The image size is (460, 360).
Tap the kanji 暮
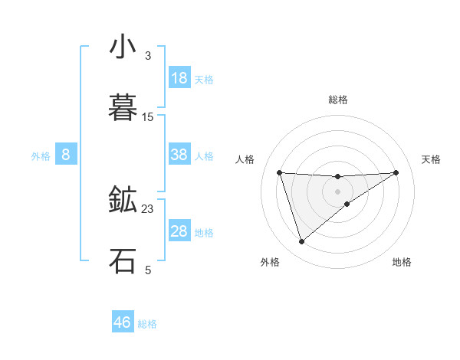pyautogui.click(x=122, y=108)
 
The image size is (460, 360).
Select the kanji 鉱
pyautogui.click(x=122, y=200)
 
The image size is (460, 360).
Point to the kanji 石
pyautogui.click(x=122, y=260)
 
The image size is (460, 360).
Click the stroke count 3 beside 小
pyautogui.click(x=148, y=56)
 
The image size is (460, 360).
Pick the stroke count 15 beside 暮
pyautogui.click(x=148, y=117)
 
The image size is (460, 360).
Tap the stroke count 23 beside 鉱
pyautogui.click(x=148, y=208)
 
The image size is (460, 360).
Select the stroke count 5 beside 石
pyautogui.click(x=148, y=270)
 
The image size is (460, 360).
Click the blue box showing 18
pyautogui.click(x=179, y=78)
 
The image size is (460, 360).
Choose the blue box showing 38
pyautogui.click(x=179, y=155)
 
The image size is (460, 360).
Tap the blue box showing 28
pyautogui.click(x=179, y=231)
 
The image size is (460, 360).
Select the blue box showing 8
pyautogui.click(x=66, y=155)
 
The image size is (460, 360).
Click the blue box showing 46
pyautogui.click(x=123, y=322)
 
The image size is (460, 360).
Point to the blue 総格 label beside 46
pyautogui.click(x=147, y=324)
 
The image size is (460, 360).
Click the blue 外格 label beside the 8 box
pyautogui.click(x=41, y=156)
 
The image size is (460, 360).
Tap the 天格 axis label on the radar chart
pyautogui.click(x=431, y=159)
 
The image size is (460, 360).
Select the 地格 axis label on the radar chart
pyautogui.click(x=402, y=262)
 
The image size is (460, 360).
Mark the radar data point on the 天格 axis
pyautogui.click(x=396, y=172)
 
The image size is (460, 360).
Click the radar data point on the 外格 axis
pyautogui.click(x=301, y=242)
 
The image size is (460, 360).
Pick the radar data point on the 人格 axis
pyautogui.click(x=280, y=172)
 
